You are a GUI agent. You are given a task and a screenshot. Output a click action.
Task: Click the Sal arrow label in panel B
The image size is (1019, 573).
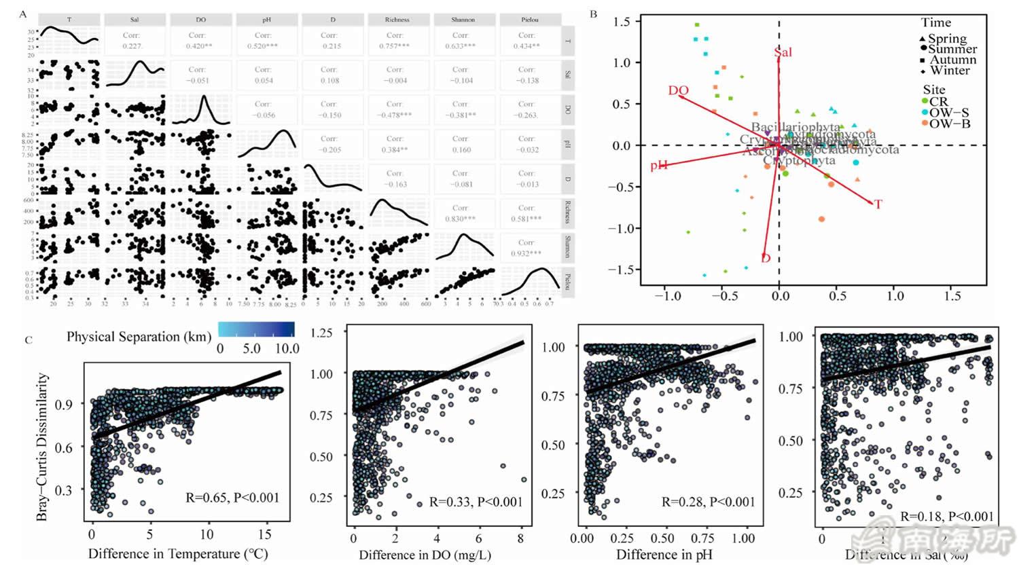(x=783, y=52)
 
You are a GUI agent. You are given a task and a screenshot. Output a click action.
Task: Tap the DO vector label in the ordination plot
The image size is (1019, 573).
(x=678, y=90)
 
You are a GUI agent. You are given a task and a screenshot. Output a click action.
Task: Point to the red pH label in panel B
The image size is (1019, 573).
(x=659, y=165)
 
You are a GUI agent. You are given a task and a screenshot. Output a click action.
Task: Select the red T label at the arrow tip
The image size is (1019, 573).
(x=878, y=204)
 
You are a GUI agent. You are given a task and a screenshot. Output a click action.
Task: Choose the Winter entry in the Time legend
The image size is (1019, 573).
(x=950, y=70)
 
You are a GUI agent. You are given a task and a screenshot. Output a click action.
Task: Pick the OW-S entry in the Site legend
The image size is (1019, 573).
(x=949, y=113)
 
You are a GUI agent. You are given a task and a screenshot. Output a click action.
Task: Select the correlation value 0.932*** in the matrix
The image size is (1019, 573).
(x=526, y=253)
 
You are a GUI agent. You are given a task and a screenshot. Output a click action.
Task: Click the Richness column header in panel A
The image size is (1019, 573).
(x=397, y=20)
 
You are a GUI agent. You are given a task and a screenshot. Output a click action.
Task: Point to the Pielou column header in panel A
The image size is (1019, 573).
(x=529, y=20)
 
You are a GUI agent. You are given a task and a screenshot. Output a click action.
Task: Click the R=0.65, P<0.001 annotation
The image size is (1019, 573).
(x=232, y=498)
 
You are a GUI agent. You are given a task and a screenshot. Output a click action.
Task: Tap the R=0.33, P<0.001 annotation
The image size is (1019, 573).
(x=476, y=502)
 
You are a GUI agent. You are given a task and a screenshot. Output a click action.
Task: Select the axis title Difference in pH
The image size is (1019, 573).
(x=664, y=555)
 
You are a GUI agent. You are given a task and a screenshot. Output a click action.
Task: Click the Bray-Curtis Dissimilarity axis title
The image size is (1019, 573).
(x=42, y=447)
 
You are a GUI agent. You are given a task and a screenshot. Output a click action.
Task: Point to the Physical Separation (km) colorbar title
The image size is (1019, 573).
(x=139, y=337)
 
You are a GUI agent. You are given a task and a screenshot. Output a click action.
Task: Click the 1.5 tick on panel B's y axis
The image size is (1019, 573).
(x=621, y=22)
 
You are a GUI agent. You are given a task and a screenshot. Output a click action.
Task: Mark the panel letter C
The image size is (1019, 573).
(x=28, y=339)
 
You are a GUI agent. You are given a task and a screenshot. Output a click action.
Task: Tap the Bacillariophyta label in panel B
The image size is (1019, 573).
(x=795, y=127)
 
